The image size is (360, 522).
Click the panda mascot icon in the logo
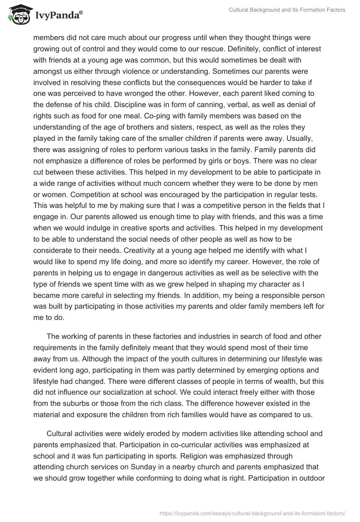pyautogui.click(x=17, y=15)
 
